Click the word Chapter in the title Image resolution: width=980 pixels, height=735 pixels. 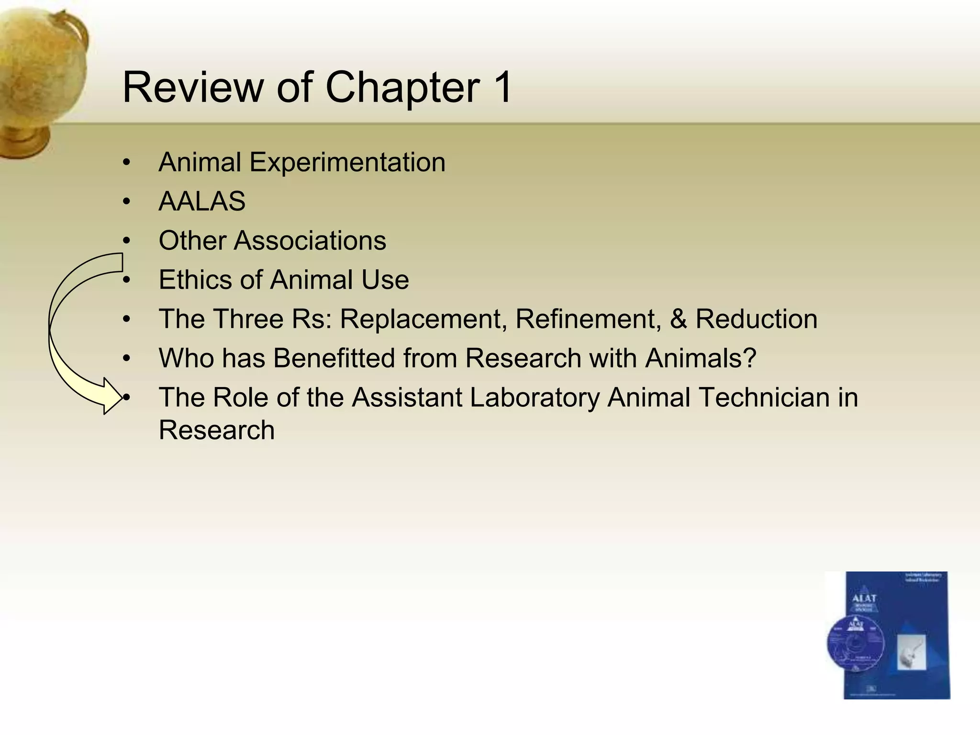click(402, 88)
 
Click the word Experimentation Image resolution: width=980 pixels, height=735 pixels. click(347, 162)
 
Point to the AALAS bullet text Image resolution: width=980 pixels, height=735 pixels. click(202, 201)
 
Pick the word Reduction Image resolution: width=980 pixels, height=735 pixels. click(756, 319)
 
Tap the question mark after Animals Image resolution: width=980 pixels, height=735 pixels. click(750, 358)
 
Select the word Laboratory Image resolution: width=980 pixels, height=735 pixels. click(534, 397)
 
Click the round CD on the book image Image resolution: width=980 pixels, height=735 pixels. click(855, 644)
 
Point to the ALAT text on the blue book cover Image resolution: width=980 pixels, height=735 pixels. click(864, 598)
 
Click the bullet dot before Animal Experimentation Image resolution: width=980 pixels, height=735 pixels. click(126, 162)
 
